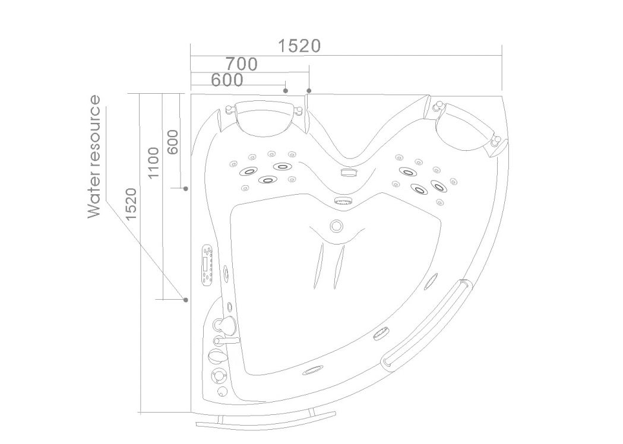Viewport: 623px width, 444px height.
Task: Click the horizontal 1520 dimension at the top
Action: pos(299,46)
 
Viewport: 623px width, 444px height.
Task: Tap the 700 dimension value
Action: pos(242,64)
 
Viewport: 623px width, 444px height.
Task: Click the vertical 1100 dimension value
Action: pos(153,163)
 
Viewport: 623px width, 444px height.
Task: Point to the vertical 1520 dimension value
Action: pos(131,204)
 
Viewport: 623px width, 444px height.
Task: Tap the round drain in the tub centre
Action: pos(337,226)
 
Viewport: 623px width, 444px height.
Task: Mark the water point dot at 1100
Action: pos(185,300)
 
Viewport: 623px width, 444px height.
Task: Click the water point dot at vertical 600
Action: pos(185,189)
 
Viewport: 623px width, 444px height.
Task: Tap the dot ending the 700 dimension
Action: pos(309,91)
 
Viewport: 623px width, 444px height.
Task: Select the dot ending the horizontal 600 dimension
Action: pos(285,91)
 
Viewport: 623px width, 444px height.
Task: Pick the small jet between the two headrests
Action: pos(349,172)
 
